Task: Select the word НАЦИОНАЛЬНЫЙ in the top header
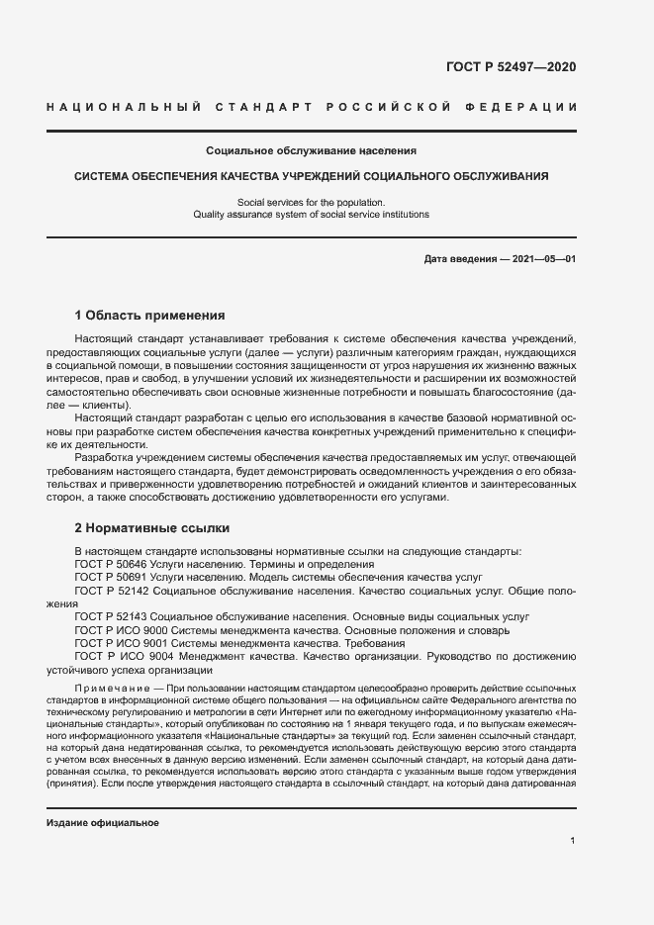click(x=124, y=106)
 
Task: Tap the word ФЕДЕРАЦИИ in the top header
click(x=528, y=106)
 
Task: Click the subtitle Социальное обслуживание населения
click(x=311, y=151)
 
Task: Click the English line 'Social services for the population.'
click(x=311, y=202)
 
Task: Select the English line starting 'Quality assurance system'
click(x=311, y=214)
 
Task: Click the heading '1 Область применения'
click(x=150, y=317)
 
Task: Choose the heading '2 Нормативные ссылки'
click(x=151, y=528)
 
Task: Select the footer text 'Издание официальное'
click(x=102, y=823)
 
